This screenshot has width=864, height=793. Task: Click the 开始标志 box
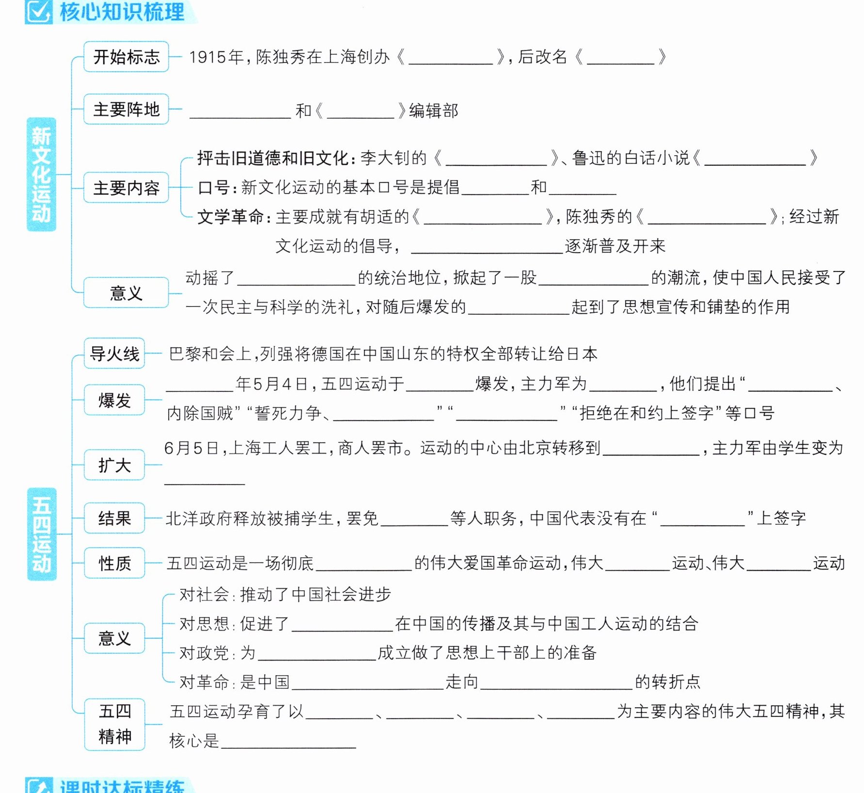(126, 57)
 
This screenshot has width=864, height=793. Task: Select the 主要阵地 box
(126, 109)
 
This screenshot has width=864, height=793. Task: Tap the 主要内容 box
(126, 187)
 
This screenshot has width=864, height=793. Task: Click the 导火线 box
(114, 353)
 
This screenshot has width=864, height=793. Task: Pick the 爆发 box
(114, 400)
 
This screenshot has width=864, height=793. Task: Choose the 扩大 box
(114, 465)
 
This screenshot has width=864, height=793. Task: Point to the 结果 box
(114, 518)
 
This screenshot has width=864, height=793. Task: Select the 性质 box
(114, 563)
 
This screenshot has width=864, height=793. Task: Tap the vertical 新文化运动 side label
(41, 174)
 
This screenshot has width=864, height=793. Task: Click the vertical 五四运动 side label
(42, 534)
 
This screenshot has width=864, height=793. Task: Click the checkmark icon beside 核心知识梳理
(38, 12)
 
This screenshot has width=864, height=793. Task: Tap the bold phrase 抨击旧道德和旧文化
(273, 158)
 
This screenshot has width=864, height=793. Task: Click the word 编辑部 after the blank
(434, 111)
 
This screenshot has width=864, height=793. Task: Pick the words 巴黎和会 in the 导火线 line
(202, 354)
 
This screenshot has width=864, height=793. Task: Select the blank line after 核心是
(289, 747)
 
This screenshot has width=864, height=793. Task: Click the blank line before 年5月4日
(200, 391)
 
